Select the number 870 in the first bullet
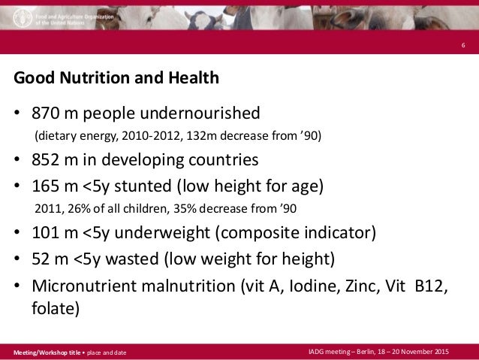[x=44, y=113]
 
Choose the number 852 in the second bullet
[x=44, y=160]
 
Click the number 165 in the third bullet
[x=44, y=183]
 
